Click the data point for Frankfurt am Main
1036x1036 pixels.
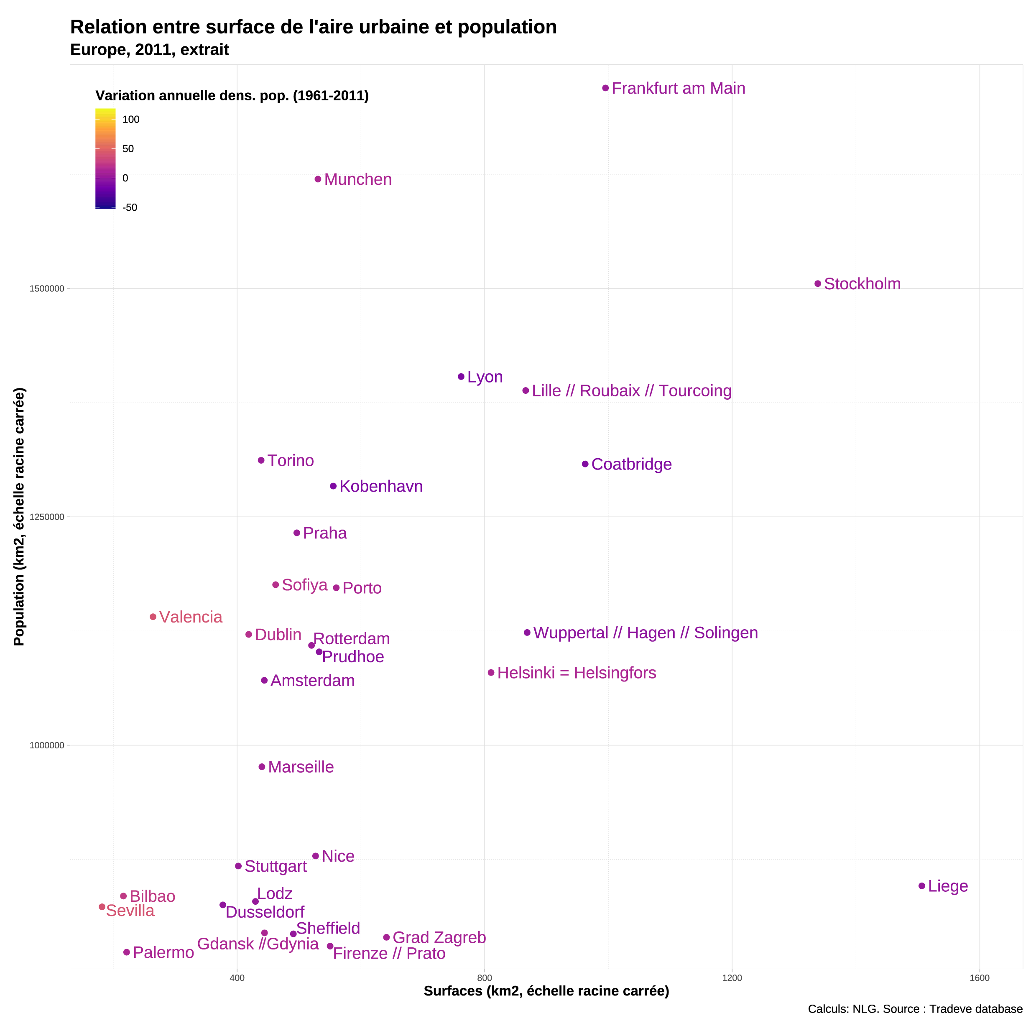pyautogui.click(x=605, y=88)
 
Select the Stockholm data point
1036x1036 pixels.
pyautogui.click(x=818, y=283)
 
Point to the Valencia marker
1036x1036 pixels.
pyautogui.click(x=153, y=617)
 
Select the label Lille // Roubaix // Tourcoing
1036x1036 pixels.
pyautogui.click(x=631, y=390)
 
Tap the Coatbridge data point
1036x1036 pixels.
pyautogui.click(x=585, y=464)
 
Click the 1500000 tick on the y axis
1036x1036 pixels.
pyautogui.click(x=47, y=288)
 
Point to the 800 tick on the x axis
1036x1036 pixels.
pyautogui.click(x=484, y=978)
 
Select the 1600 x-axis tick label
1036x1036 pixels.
pyautogui.click(x=979, y=978)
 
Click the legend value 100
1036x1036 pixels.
pyautogui.click(x=131, y=120)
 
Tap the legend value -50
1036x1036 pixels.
pyautogui.click(x=130, y=207)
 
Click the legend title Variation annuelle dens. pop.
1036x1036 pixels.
pyautogui.click(x=232, y=95)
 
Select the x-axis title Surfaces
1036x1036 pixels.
pyautogui.click(x=546, y=991)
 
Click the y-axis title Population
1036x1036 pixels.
pyautogui.click(x=19, y=517)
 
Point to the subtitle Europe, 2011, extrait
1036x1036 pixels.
pyautogui.click(x=150, y=49)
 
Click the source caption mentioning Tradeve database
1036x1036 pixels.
pyautogui.click(x=915, y=1009)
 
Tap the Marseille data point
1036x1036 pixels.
pyautogui.click(x=262, y=767)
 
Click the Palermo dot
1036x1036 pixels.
pyautogui.click(x=127, y=952)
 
